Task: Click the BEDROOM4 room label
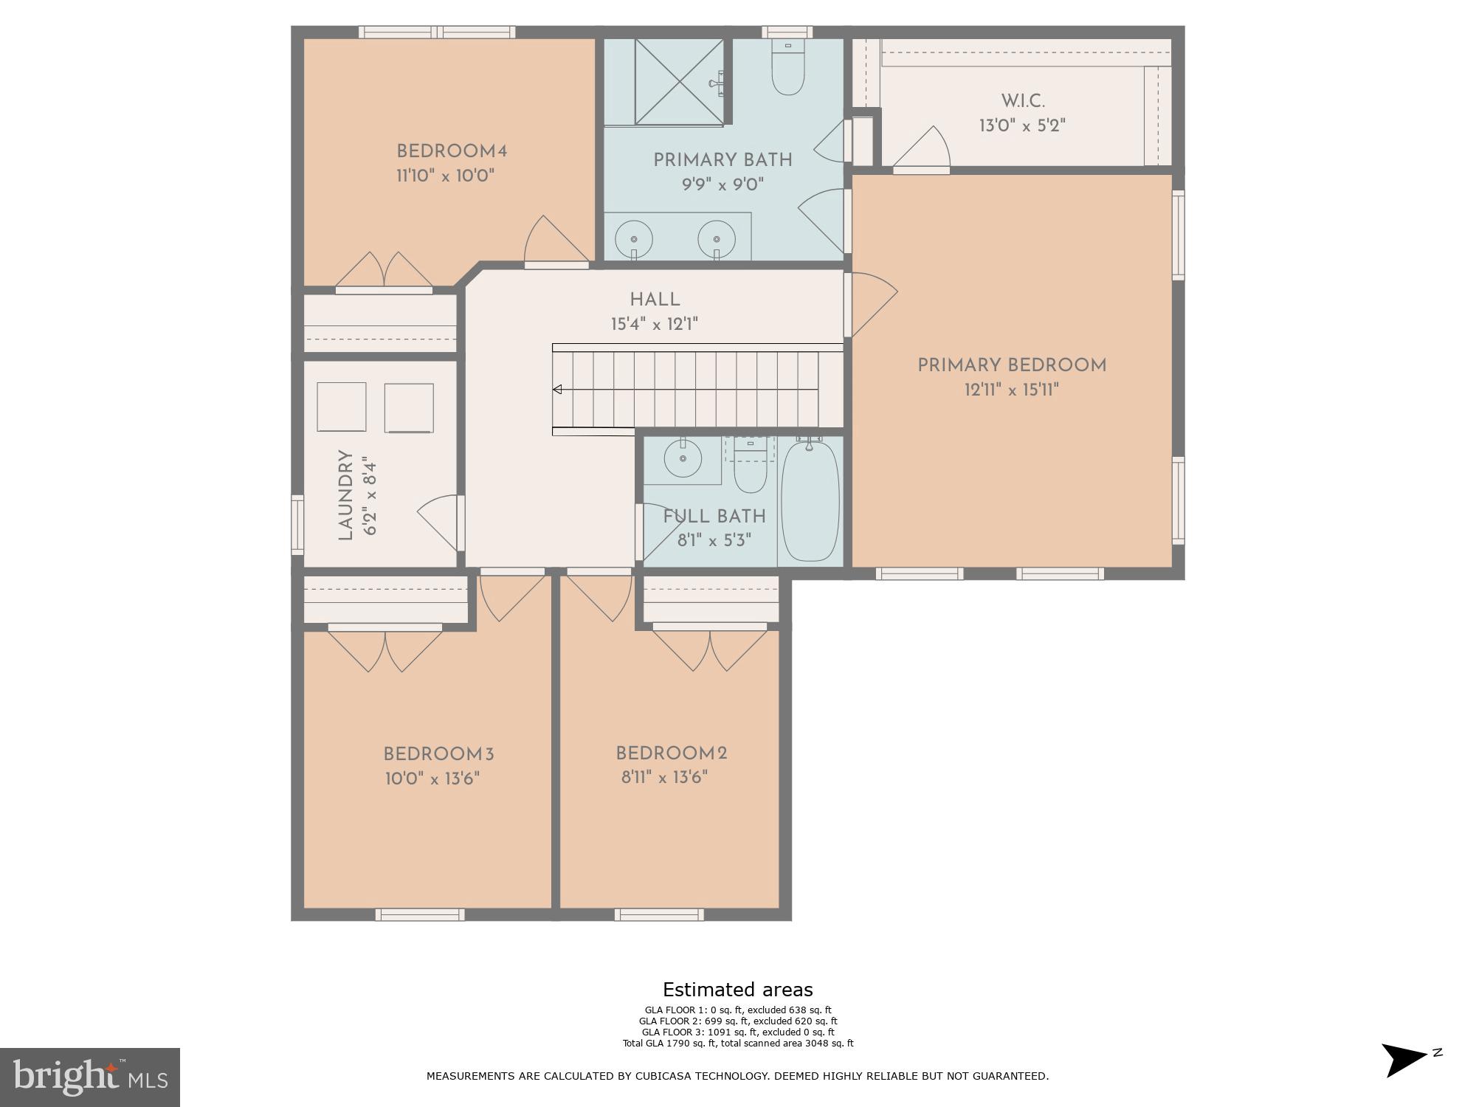tap(452, 151)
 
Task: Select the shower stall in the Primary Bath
tap(679, 81)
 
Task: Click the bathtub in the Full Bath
tap(810, 500)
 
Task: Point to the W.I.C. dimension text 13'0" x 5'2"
tap(1022, 125)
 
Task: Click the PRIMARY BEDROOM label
tap(1012, 365)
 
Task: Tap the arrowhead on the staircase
tap(558, 389)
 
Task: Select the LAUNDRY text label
tap(345, 495)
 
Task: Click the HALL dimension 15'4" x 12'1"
tap(654, 324)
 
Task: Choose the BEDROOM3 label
tap(438, 754)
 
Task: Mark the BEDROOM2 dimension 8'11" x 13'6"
tap(664, 777)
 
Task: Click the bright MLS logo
tap(89, 1077)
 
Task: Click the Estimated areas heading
tap(737, 990)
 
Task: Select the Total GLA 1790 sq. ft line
tap(737, 1044)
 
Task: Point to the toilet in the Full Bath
tap(751, 470)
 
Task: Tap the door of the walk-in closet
tap(922, 151)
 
